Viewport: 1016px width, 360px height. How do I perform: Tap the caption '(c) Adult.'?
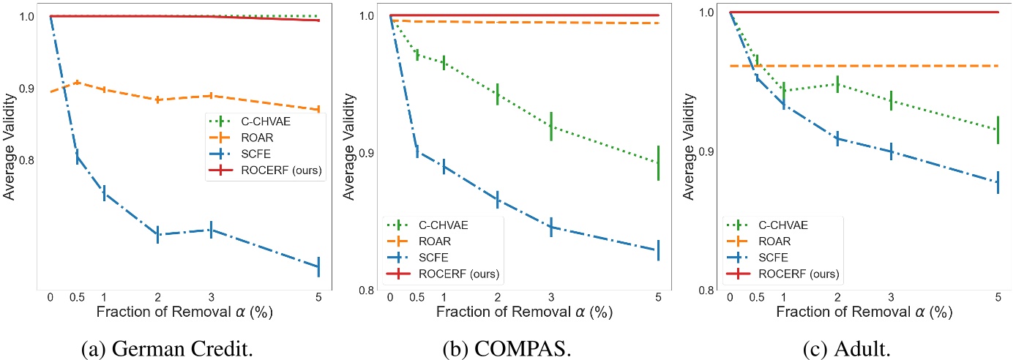pyautogui.click(x=849, y=344)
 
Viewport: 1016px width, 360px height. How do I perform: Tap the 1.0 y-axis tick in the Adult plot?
pyautogui.click(x=706, y=12)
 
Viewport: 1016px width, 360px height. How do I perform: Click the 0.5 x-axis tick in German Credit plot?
pyautogui.click(x=77, y=296)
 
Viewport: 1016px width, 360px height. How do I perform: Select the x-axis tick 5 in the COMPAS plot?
pyautogui.click(x=659, y=296)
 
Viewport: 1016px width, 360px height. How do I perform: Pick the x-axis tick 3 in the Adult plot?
pyautogui.click(x=891, y=296)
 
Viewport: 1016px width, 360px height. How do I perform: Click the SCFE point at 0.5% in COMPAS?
pyautogui.click(x=417, y=151)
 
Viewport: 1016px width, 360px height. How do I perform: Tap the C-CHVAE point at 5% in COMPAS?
pyautogui.click(x=659, y=162)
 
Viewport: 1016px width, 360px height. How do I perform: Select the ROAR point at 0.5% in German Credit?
pyautogui.click(x=77, y=83)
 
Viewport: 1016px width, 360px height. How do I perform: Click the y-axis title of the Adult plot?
pyautogui.click(x=688, y=150)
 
